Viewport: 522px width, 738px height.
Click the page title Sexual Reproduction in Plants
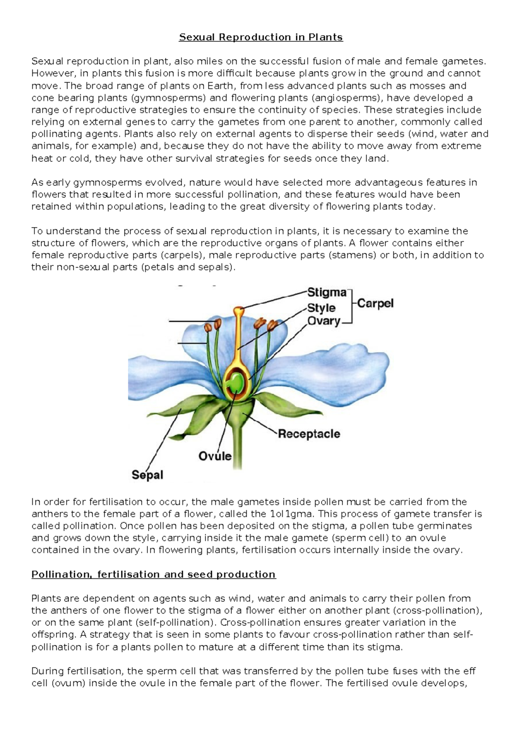coord(261,37)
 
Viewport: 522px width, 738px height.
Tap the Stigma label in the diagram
coord(327,292)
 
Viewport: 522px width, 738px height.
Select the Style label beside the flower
coord(321,308)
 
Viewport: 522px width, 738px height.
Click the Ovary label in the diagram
coord(324,321)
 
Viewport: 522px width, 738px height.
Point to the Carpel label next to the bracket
coord(375,303)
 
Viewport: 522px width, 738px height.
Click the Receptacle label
coord(309,434)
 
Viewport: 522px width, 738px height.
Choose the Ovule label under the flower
coord(215,456)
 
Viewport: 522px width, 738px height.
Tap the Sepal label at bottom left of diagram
coord(147,475)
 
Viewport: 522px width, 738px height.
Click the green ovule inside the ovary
coord(236,382)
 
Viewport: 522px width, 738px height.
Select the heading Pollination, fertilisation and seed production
coord(154,574)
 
